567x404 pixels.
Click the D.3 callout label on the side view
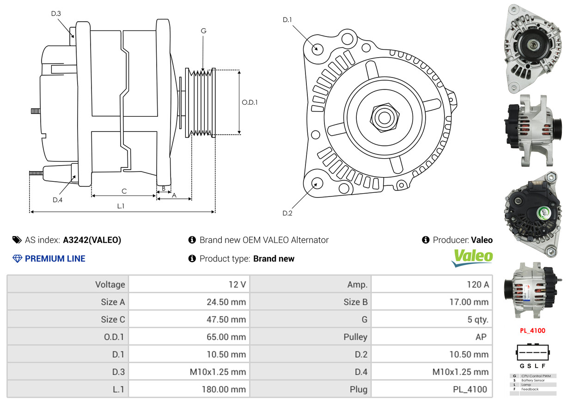tap(56, 13)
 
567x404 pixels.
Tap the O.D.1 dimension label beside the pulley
tap(250, 102)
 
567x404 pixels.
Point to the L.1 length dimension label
tap(121, 206)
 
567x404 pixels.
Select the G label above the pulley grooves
tap(203, 31)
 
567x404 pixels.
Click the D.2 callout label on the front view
tap(287, 213)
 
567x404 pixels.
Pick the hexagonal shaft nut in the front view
tap(384, 118)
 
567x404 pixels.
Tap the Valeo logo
tap(472, 258)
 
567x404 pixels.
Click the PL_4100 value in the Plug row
tap(470, 389)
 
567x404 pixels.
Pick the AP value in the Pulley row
tap(481, 337)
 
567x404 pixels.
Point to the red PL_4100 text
tap(533, 331)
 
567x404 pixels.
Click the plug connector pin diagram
tap(532, 352)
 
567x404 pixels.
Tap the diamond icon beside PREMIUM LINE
tap(17, 258)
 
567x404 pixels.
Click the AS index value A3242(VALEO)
tap(92, 240)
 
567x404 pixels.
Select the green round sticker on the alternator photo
tap(543, 213)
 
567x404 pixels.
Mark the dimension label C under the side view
tap(124, 191)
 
